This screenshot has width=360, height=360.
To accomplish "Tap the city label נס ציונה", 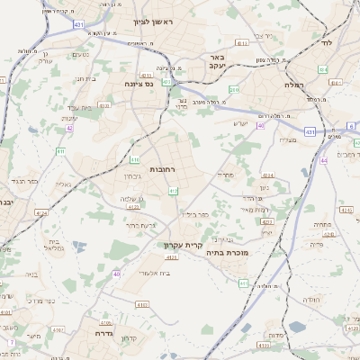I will coord(143,82).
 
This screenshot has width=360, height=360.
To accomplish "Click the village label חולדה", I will coord(311,300).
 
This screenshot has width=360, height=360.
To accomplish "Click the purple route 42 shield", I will coord(69,128).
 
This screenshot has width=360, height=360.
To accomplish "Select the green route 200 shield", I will coord(234,89).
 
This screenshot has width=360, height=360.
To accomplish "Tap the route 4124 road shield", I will coord(41,213).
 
